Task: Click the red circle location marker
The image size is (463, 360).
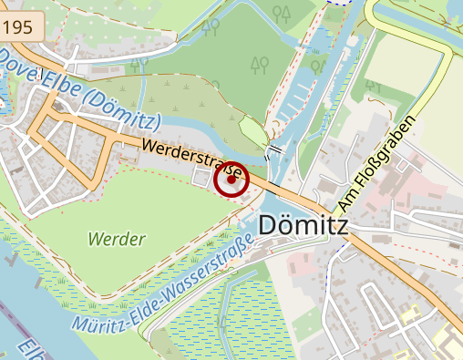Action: [x=231, y=180]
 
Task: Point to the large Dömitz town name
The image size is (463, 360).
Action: [x=304, y=224]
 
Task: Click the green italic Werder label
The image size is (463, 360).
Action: [x=117, y=240]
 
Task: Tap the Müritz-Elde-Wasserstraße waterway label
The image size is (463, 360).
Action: [x=165, y=285]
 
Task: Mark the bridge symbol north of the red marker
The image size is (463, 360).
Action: [x=274, y=149]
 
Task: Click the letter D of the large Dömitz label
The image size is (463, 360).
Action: [x=271, y=224]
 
